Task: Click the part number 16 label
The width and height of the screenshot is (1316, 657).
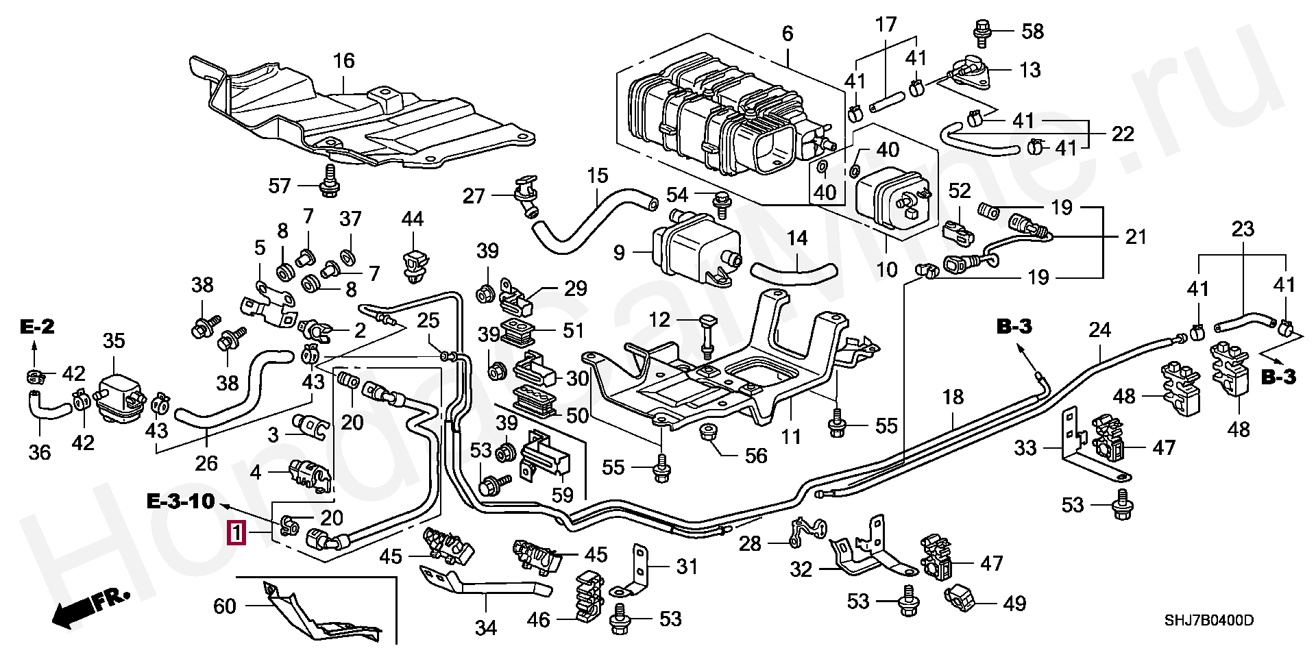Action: [x=343, y=61]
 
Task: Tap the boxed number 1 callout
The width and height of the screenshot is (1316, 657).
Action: [x=236, y=532]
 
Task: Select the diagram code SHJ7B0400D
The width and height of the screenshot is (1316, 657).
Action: [x=1209, y=621]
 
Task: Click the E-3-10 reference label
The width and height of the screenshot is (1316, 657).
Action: [x=181, y=501]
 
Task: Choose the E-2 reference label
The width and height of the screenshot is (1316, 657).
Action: [x=37, y=327]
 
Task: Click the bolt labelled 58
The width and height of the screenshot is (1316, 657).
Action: [x=982, y=31]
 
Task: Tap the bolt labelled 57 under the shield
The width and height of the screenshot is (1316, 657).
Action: [x=330, y=179]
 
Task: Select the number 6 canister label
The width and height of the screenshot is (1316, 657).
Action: [x=787, y=34]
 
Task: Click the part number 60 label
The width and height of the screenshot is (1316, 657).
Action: [x=225, y=606]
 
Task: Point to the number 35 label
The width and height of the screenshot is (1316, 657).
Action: [x=114, y=340]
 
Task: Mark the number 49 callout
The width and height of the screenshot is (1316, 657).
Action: [x=1014, y=604]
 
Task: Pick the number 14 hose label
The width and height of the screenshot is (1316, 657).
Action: [x=797, y=238]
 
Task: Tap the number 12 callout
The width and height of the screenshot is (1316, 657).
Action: [x=659, y=319]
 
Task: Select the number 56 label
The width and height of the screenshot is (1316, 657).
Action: [x=755, y=456]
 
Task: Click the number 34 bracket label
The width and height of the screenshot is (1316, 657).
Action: [x=485, y=627]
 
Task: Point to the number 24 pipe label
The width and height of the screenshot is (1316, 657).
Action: [x=1099, y=330]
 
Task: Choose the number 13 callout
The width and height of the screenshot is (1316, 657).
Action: [x=1029, y=70]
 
